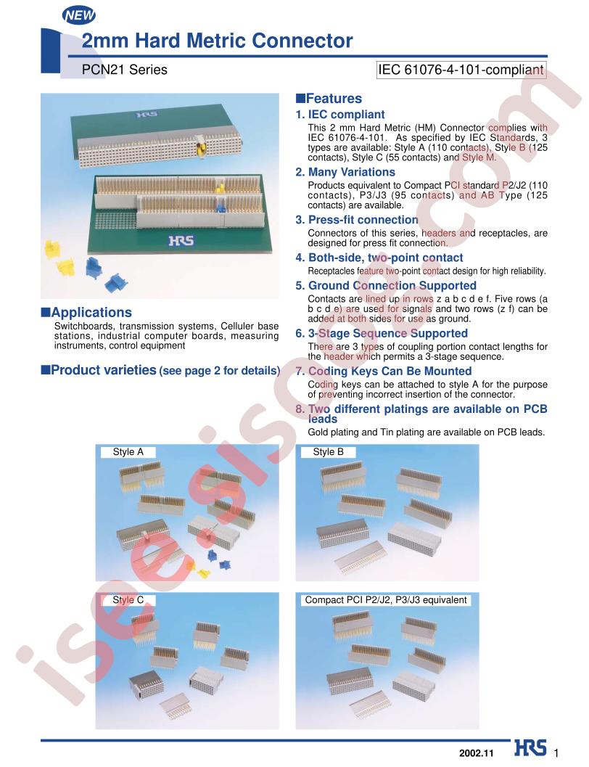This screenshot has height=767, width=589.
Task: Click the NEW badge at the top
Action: coord(78,16)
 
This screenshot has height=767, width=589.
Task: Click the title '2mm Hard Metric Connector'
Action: coord(217,41)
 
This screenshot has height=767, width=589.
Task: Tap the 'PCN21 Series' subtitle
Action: coord(125,70)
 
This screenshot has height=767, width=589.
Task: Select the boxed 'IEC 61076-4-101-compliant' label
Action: coord(461,70)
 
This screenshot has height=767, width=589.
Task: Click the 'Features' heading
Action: coord(329,98)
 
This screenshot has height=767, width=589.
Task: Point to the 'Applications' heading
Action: coord(86,312)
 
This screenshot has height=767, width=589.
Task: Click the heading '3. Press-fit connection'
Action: coord(357,220)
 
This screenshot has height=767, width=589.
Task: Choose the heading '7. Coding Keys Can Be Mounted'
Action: coord(384,371)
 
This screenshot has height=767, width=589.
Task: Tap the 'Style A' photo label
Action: coord(128,452)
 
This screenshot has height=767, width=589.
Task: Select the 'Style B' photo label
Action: coord(329,452)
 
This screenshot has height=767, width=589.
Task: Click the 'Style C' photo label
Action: coord(128,599)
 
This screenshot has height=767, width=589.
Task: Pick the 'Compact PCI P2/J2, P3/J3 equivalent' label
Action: coord(386,599)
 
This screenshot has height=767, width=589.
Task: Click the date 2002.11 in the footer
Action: coord(477,753)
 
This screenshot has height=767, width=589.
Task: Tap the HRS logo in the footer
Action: coord(530,748)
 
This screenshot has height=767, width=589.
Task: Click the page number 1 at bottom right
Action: coord(556,753)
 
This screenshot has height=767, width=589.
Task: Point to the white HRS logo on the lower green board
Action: coord(181,241)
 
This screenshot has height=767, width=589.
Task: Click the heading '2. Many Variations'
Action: coord(345,172)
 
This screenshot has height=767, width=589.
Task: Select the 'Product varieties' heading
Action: coord(161,370)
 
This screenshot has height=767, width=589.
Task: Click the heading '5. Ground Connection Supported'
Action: coord(386,286)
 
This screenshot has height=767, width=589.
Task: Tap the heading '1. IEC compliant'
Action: coord(340,115)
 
